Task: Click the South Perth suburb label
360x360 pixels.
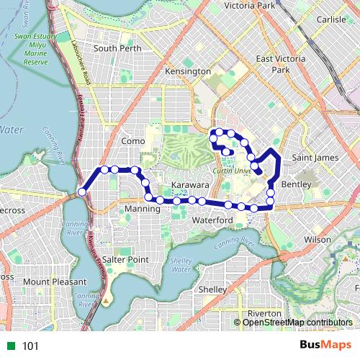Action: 115,49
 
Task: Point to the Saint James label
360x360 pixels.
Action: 315,158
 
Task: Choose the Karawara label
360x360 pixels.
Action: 191,185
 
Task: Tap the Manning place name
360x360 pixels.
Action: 141,209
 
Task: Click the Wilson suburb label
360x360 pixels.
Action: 318,238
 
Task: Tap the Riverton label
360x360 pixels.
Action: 264,314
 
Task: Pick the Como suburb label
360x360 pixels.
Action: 133,142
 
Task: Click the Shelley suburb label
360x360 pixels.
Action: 212,289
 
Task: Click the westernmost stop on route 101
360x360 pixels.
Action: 83,192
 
